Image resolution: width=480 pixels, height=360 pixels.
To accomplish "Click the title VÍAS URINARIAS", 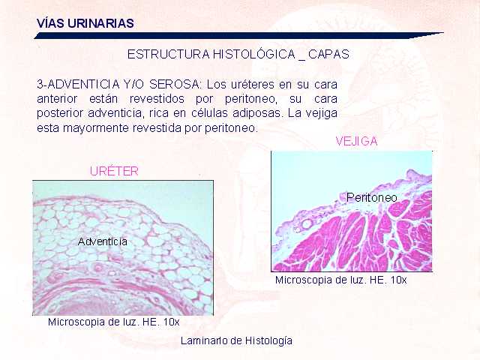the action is click(x=85, y=23).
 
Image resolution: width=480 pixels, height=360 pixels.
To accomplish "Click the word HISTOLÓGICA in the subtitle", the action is click(x=253, y=55).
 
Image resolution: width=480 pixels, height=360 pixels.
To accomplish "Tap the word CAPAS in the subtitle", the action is click(x=328, y=55).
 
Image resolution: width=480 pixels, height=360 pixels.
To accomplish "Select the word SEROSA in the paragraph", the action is click(x=175, y=84).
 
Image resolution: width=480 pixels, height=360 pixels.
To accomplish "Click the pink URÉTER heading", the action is click(x=114, y=171).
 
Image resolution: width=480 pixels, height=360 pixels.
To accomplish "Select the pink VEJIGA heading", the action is click(x=357, y=141).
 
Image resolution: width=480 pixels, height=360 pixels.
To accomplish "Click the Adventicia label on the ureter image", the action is click(x=103, y=241).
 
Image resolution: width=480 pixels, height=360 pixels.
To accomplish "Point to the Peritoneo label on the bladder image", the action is click(x=372, y=197).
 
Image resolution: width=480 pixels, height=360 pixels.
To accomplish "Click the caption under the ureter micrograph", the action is click(x=114, y=322).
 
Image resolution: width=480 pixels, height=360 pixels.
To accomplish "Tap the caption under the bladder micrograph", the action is click(x=341, y=280).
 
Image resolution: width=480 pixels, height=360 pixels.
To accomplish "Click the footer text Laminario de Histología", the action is click(x=236, y=340).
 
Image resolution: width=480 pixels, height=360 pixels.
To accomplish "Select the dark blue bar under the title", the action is click(x=238, y=35).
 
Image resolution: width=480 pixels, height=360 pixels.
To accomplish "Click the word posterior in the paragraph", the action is click(x=59, y=114).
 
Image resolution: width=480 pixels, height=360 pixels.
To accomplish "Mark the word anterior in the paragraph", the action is click(x=57, y=99).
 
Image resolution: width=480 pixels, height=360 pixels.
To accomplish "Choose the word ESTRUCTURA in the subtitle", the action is click(x=168, y=55).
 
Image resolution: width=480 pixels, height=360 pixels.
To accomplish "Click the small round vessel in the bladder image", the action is click(x=307, y=224).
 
